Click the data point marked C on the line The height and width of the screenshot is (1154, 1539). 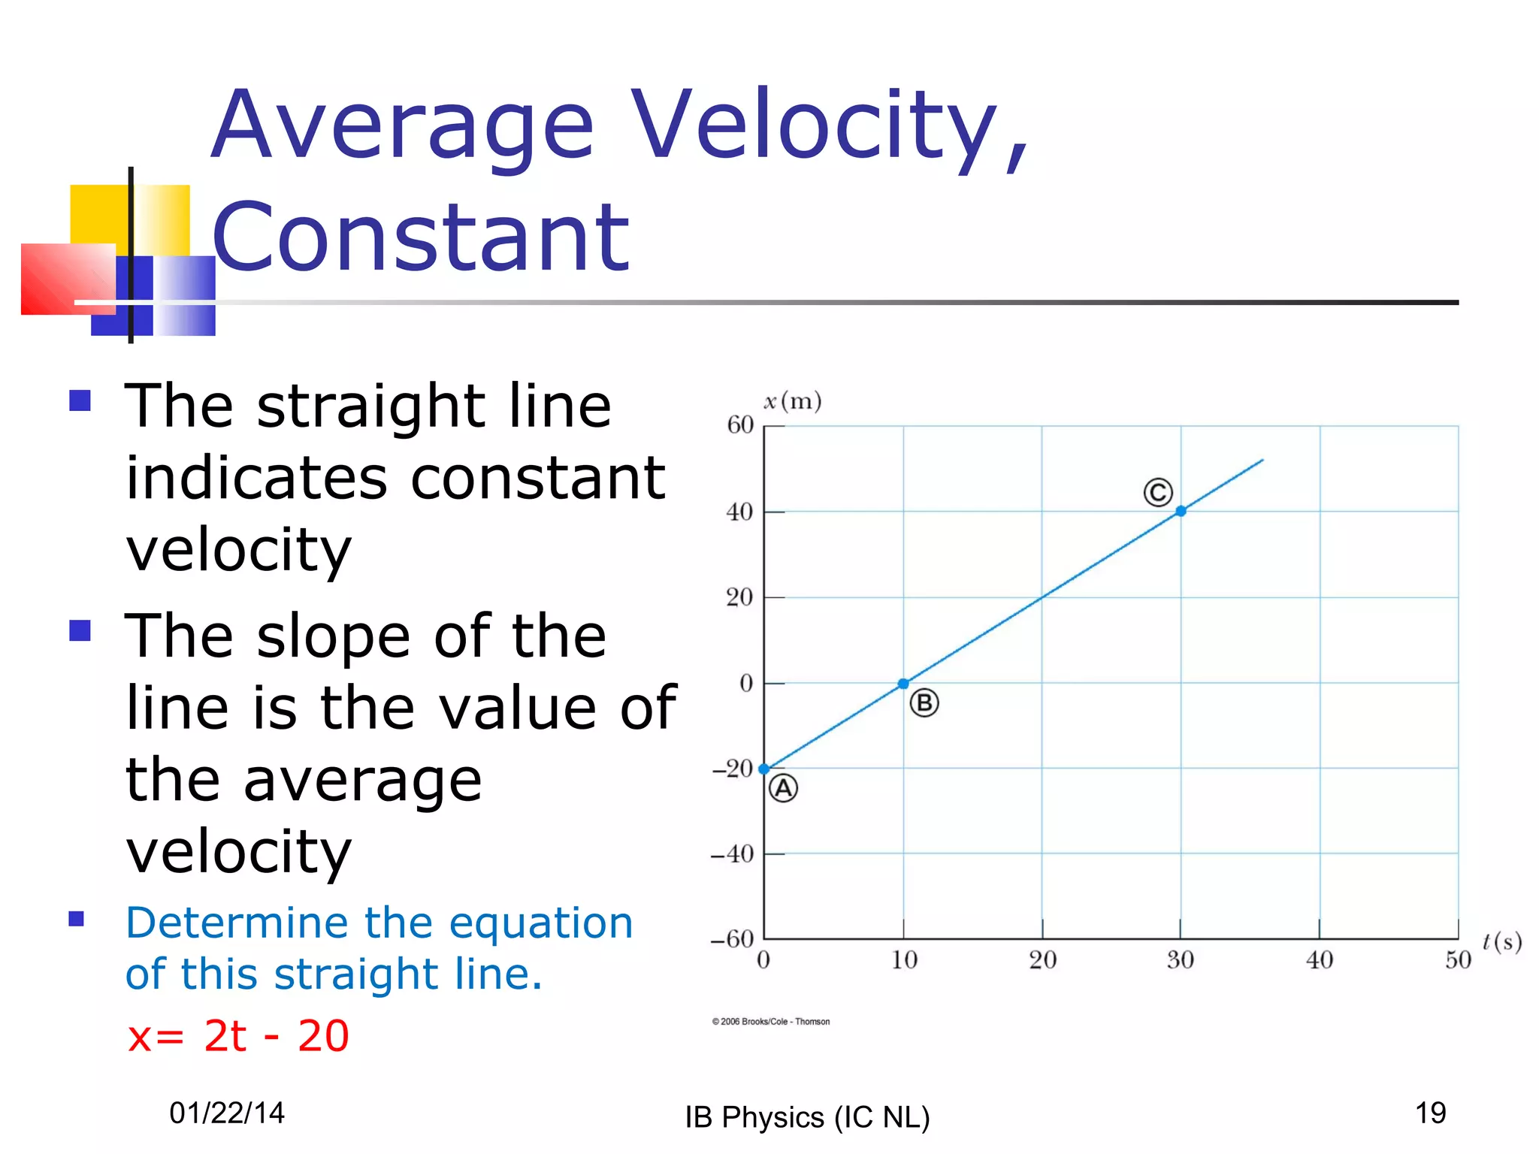click(1181, 511)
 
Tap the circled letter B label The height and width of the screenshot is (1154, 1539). click(924, 703)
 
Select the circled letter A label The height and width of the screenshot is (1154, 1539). click(783, 789)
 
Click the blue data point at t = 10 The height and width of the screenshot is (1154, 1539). click(903, 684)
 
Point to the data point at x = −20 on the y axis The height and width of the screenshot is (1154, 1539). click(764, 769)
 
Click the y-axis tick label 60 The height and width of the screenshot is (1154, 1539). click(740, 425)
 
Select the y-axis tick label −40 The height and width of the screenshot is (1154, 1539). click(733, 854)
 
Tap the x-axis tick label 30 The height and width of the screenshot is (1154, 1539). click(1180, 960)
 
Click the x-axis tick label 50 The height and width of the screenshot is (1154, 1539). click(1458, 960)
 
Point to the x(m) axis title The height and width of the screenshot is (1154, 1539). click(793, 401)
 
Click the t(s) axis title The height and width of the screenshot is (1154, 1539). click(1501, 941)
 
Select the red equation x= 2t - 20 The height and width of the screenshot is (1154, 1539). click(238, 1036)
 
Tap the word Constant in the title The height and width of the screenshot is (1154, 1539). click(421, 237)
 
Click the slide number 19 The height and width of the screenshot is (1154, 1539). click(1430, 1113)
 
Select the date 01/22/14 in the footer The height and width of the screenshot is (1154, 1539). click(227, 1113)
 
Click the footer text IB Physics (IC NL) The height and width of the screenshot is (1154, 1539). click(807, 1117)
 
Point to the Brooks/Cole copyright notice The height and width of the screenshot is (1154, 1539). click(771, 1022)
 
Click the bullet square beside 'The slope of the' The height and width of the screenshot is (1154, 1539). click(80, 630)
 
